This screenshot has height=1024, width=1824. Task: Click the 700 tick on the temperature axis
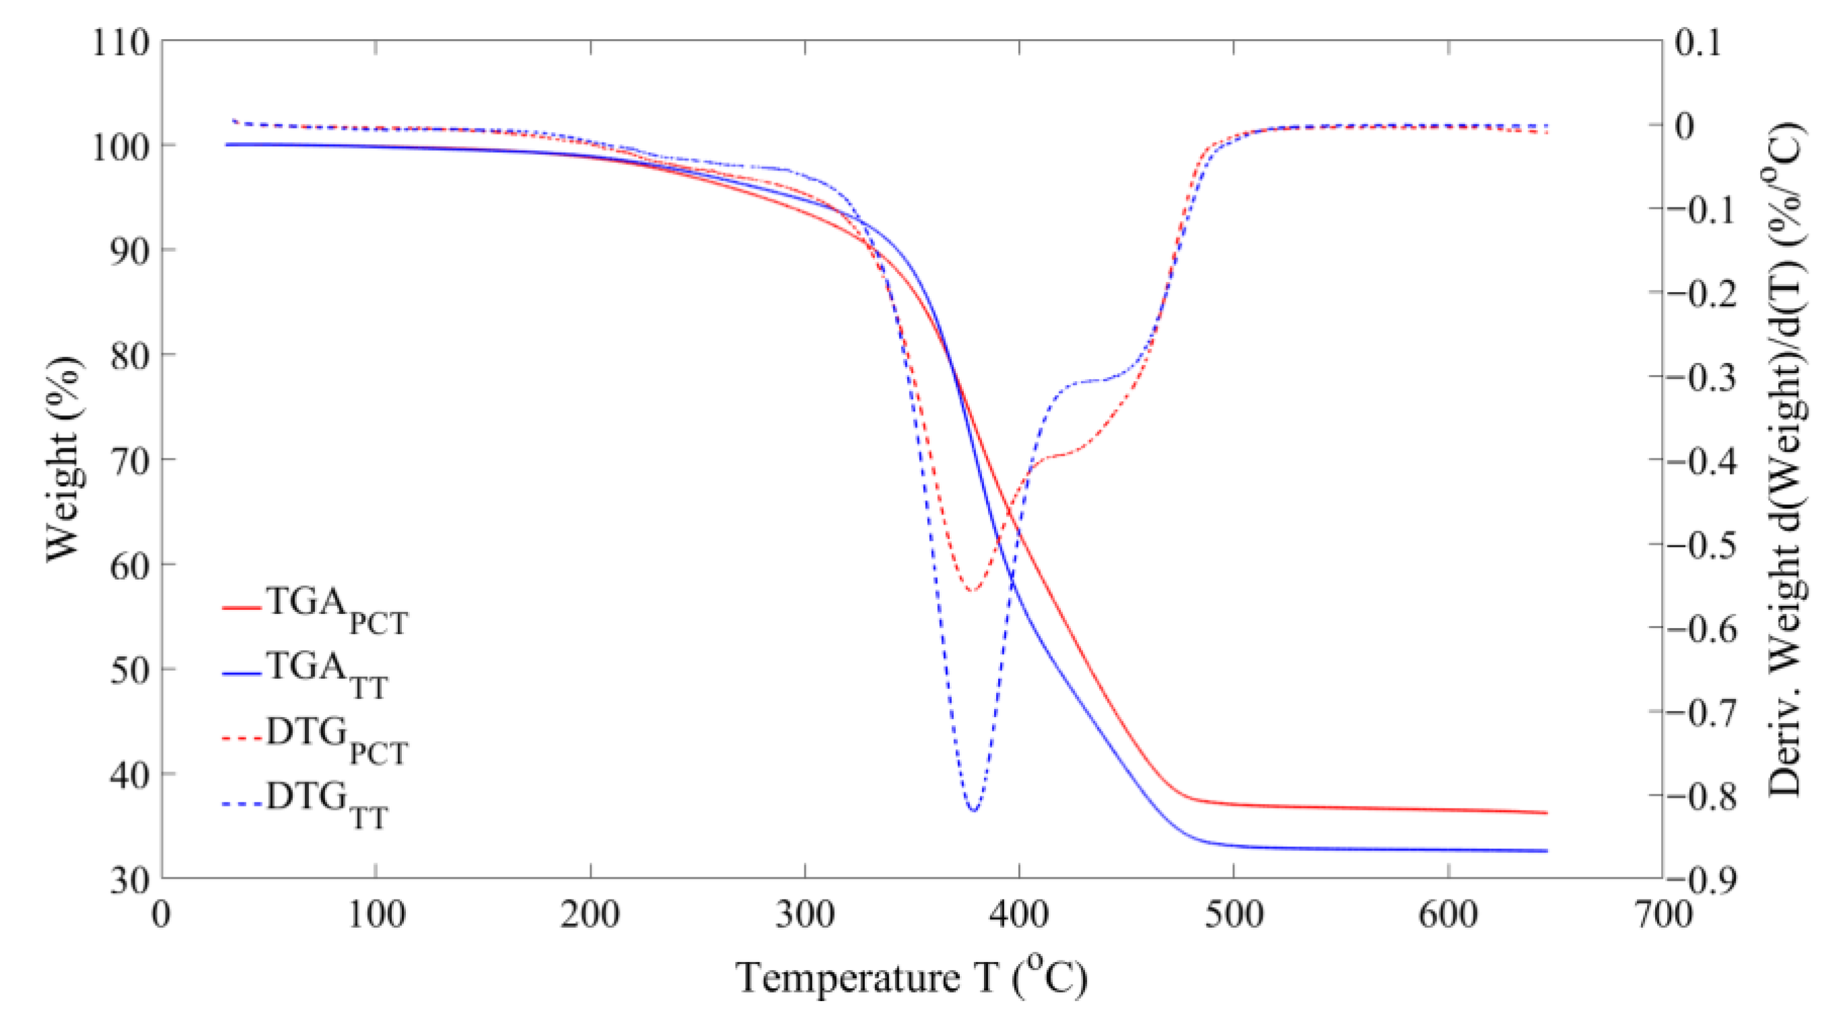[1662, 914]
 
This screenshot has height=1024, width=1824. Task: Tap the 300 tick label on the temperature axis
[805, 914]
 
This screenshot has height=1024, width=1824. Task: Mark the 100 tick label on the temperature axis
[376, 914]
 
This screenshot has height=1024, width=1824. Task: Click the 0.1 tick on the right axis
[1698, 42]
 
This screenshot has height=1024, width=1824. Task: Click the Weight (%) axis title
[64, 460]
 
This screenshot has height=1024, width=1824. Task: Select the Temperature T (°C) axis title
[912, 978]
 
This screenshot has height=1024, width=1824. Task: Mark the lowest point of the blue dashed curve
[975, 810]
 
